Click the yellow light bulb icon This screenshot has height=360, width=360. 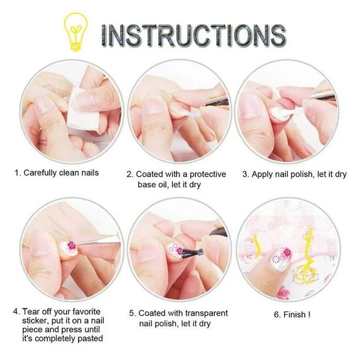75,32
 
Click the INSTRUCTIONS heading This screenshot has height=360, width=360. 194,35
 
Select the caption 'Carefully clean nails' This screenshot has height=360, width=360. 61,173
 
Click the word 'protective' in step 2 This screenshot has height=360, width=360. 208,174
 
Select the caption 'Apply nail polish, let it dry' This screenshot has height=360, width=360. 299,174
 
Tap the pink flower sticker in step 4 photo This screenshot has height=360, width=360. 71,245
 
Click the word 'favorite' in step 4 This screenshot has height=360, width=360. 86,312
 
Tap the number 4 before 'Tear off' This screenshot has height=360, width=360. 16,312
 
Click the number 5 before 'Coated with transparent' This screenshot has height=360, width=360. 132,313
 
